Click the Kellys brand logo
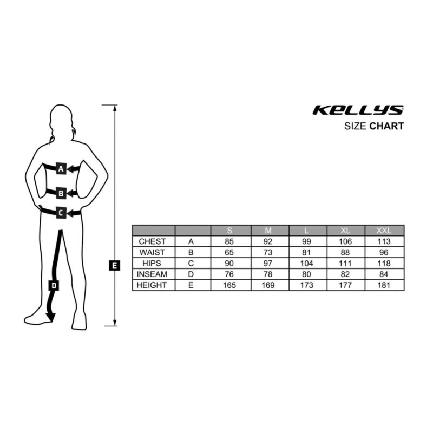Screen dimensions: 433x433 (x=358, y=110)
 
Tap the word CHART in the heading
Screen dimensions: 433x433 (x=386, y=126)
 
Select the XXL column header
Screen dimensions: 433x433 (x=384, y=231)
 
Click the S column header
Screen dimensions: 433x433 (x=229, y=231)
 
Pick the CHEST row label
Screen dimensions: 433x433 (x=152, y=241)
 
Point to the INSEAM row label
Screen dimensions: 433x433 (x=152, y=274)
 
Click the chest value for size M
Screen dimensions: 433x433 (x=268, y=241)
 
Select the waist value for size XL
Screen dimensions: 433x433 (x=345, y=252)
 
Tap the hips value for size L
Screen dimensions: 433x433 (x=306, y=263)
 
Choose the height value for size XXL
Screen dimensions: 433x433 (x=384, y=285)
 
